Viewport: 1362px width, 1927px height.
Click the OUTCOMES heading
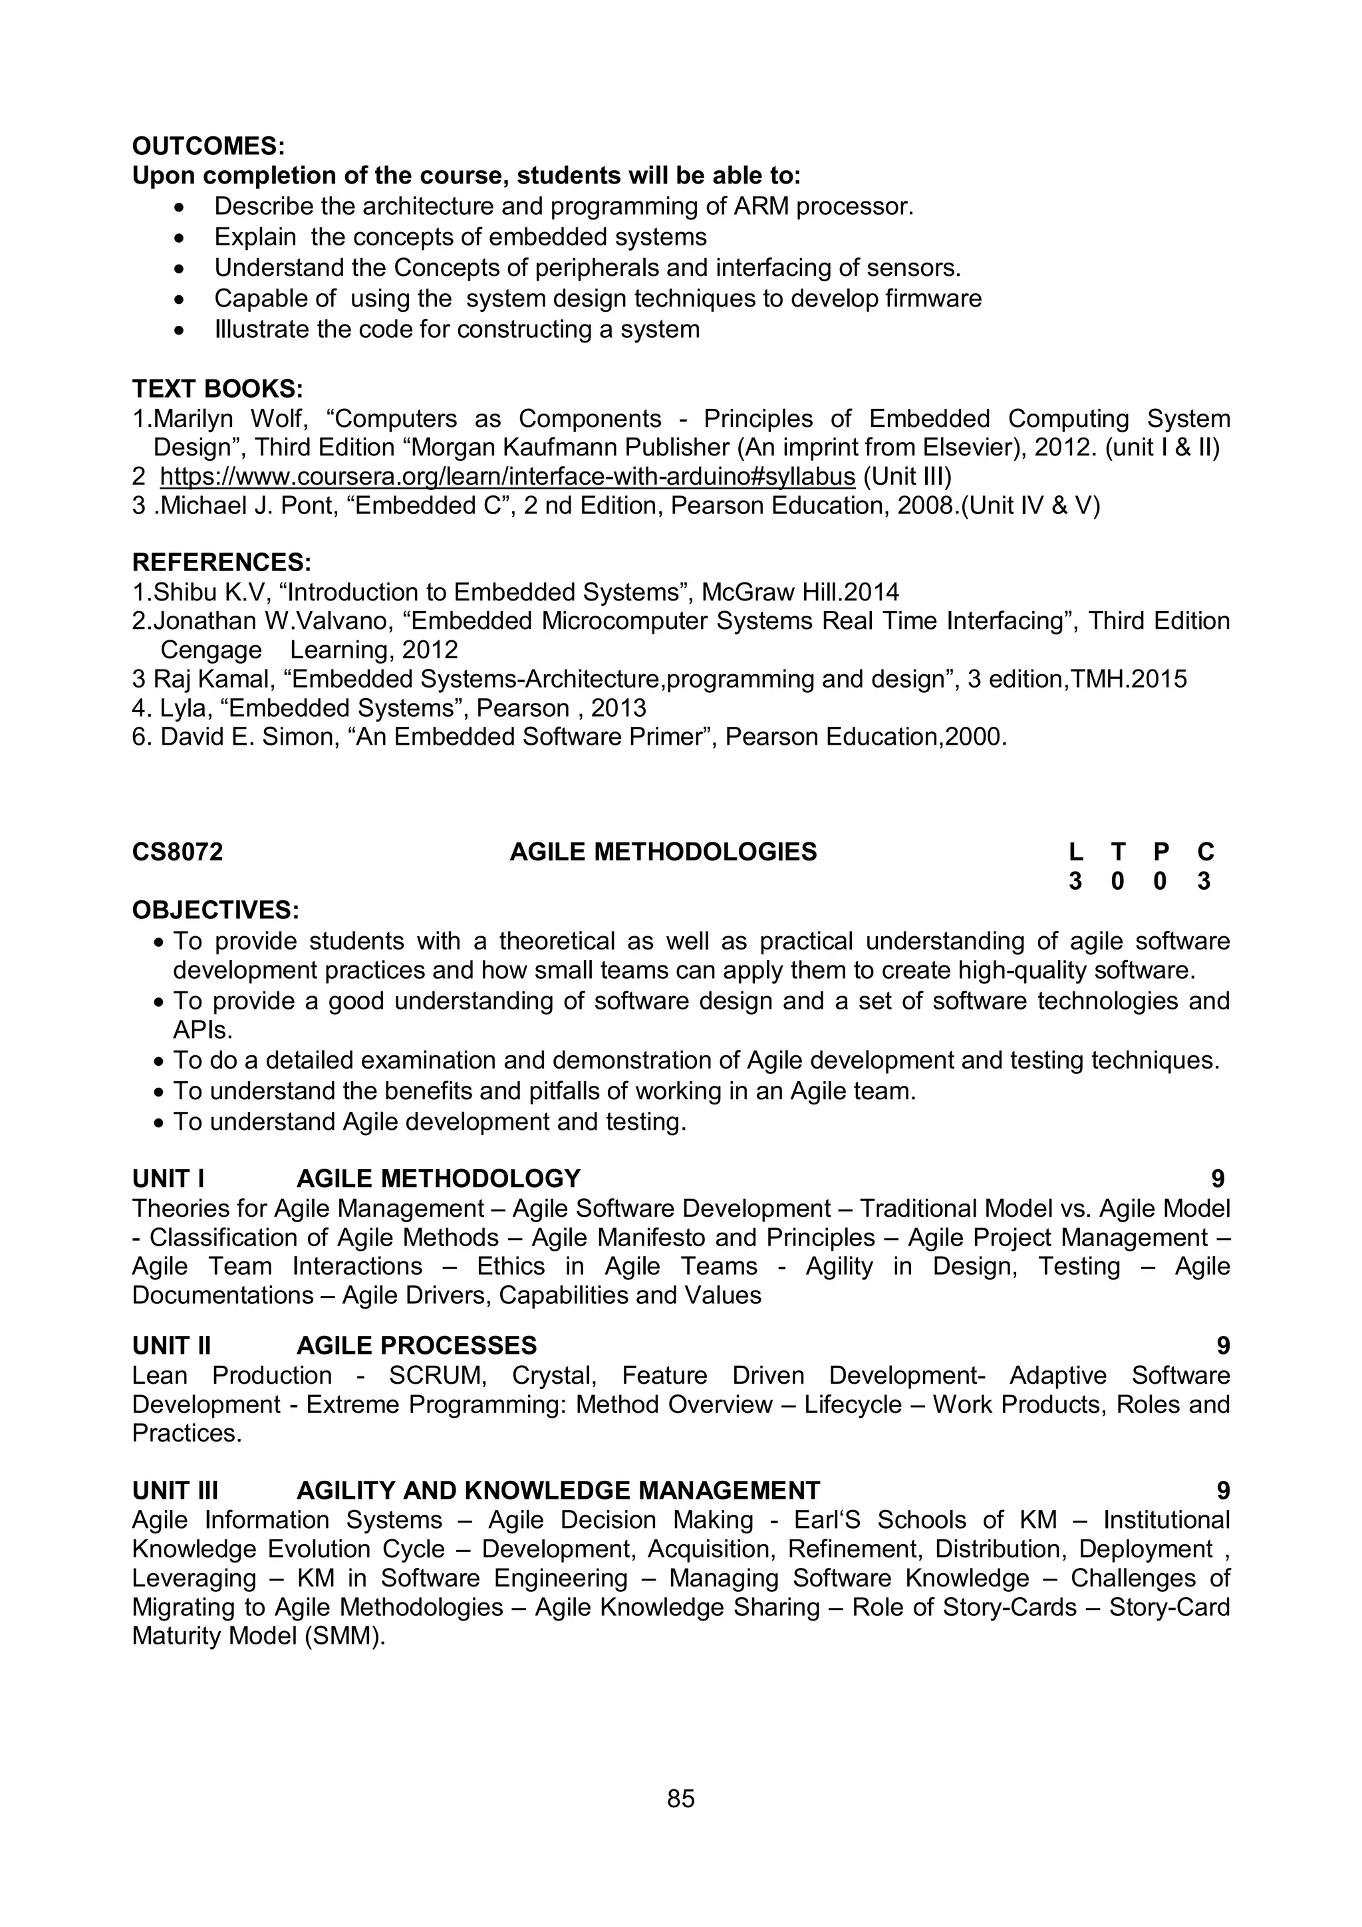(x=208, y=146)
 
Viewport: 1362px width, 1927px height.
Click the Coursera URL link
(x=507, y=477)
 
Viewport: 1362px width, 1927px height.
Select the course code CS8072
(x=177, y=852)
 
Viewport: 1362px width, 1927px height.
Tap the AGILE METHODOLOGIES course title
(x=663, y=852)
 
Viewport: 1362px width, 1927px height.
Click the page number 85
(x=680, y=1799)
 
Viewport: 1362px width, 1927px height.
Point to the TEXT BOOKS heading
(x=217, y=388)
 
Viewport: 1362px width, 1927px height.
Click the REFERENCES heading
(x=221, y=563)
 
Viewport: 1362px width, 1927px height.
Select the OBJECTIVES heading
(x=215, y=910)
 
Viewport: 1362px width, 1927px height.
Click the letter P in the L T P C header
(x=1160, y=852)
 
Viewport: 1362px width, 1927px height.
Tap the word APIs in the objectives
(x=202, y=1030)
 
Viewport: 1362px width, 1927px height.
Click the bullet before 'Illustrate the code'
(x=179, y=330)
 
